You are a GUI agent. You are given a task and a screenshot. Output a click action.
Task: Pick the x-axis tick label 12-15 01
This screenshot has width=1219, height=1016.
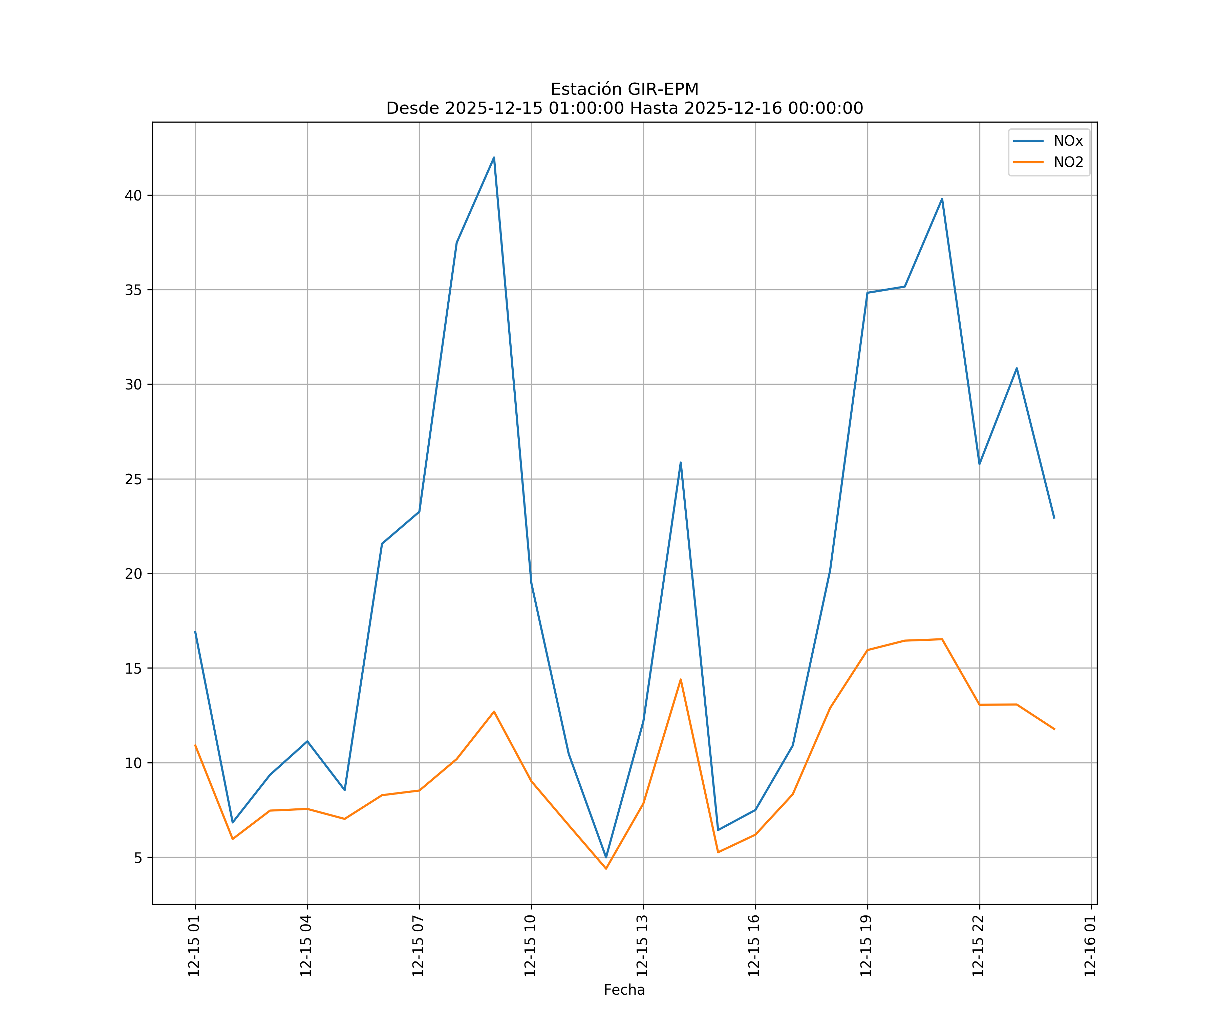[x=194, y=946]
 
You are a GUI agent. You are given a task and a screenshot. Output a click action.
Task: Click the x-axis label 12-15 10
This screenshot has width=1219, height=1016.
[x=530, y=946]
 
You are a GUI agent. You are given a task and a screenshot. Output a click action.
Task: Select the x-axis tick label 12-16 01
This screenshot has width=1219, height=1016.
[x=1090, y=946]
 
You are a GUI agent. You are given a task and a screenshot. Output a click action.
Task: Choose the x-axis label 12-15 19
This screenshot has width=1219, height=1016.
[x=866, y=946]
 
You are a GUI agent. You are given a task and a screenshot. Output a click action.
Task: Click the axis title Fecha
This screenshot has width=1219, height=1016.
[x=624, y=990]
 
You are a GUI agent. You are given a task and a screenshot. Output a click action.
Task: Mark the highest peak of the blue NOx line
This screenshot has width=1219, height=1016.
[x=494, y=157]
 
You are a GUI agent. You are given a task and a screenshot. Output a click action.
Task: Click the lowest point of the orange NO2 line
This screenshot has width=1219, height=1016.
[x=606, y=869]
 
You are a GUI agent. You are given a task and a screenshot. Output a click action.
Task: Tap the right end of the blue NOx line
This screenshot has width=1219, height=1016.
[x=1054, y=518]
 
